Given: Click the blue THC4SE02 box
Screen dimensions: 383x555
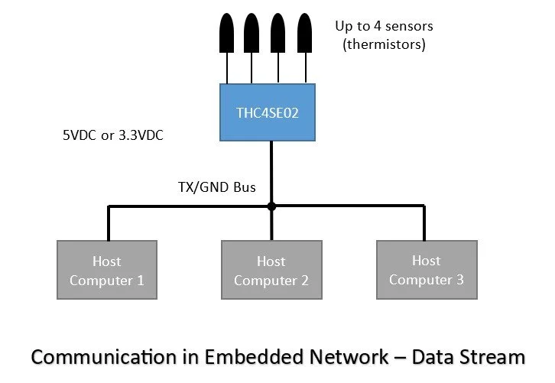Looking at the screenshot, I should [x=271, y=112].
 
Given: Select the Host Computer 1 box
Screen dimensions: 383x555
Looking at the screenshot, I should [x=107, y=271].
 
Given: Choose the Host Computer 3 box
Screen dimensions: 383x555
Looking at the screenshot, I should [x=427, y=270].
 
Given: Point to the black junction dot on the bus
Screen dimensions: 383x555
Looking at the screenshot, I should [x=271, y=206].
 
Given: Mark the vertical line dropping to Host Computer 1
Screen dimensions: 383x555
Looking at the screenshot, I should [x=109, y=223].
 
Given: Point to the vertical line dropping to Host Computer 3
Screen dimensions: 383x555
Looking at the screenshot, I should [x=423, y=223].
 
